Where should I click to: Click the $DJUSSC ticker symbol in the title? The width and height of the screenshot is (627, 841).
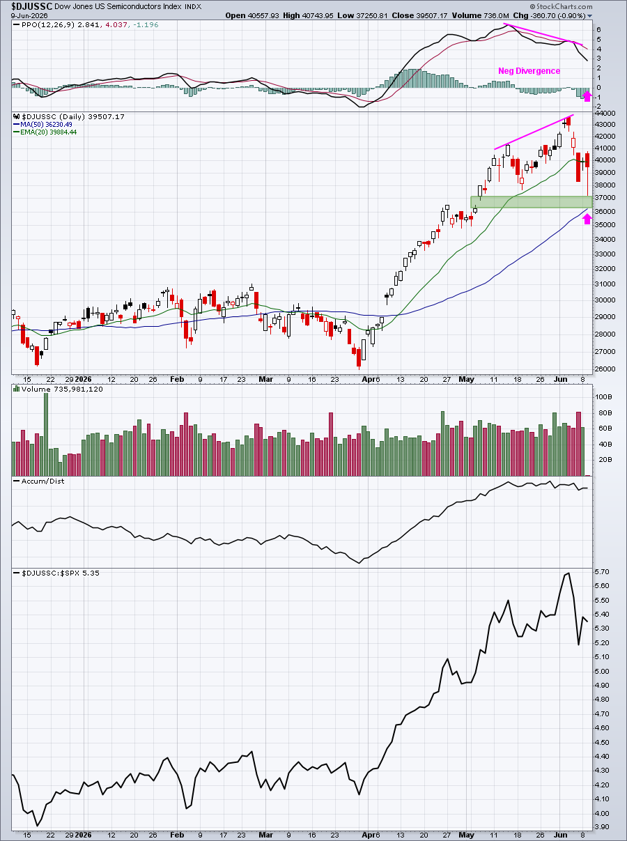[x=32, y=6]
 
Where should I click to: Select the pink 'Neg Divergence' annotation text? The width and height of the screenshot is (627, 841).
[x=529, y=71]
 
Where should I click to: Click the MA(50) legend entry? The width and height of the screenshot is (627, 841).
[x=42, y=125]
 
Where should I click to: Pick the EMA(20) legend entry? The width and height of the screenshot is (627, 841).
[x=45, y=132]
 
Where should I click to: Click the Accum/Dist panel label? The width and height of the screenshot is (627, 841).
[x=39, y=481]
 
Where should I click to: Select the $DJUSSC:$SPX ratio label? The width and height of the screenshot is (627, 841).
[x=56, y=573]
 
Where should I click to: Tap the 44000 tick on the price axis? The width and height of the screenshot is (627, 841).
[x=605, y=114]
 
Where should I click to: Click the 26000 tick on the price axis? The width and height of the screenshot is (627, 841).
[x=605, y=369]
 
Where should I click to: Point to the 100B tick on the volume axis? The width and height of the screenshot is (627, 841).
[x=603, y=397]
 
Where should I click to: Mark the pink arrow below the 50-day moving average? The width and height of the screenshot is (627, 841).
[x=587, y=219]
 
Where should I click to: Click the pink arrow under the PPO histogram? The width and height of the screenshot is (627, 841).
[x=587, y=96]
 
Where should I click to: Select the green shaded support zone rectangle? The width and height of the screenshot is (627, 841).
[x=532, y=202]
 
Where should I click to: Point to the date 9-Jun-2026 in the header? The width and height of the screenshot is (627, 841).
[x=29, y=16]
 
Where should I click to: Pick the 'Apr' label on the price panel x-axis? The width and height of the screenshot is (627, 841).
[x=368, y=379]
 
